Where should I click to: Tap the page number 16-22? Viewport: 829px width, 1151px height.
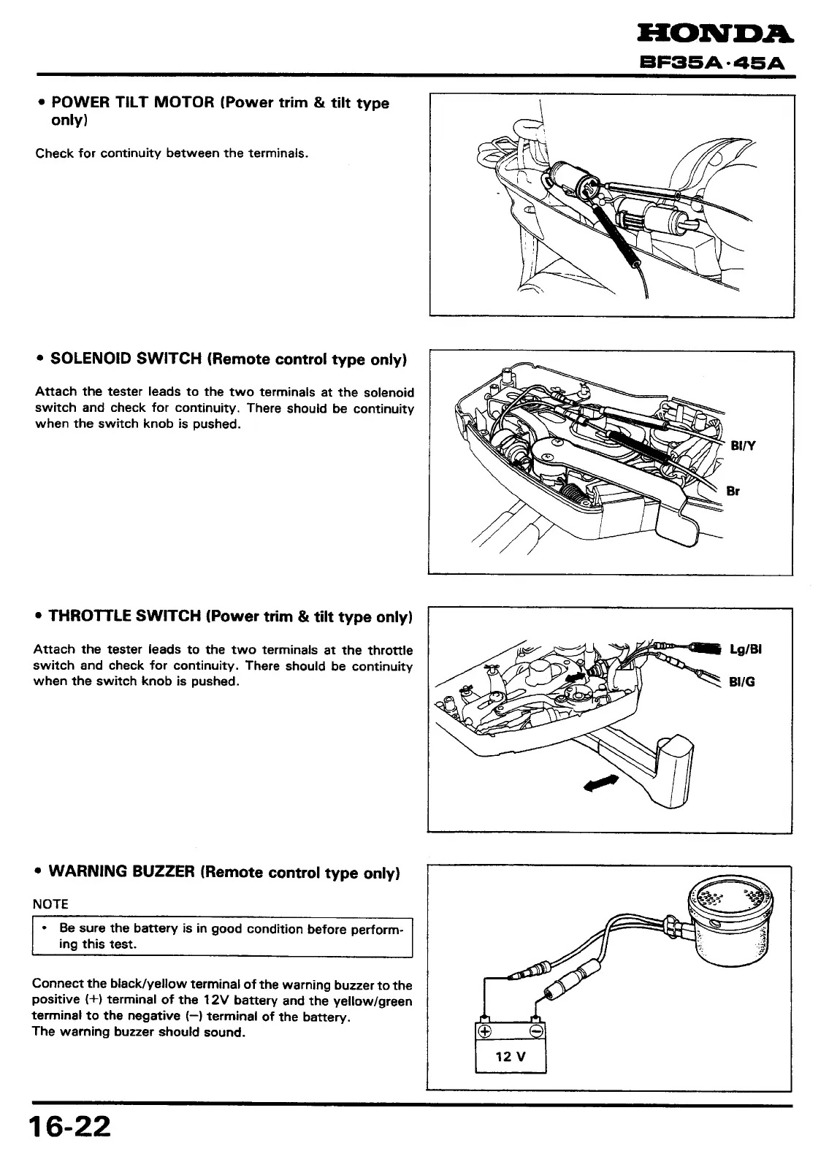click(x=70, y=1125)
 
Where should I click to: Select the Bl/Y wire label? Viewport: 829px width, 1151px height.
click(x=743, y=446)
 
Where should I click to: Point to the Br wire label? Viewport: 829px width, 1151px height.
click(x=733, y=491)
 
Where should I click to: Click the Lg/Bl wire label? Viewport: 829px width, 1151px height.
click(x=746, y=649)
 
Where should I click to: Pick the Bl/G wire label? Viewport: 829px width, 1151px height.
click(x=741, y=682)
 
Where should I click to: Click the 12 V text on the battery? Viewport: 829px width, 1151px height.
click(x=511, y=1057)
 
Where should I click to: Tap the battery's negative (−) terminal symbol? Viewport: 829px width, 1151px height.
click(x=535, y=1031)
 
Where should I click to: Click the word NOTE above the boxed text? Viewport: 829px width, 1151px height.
click(x=50, y=903)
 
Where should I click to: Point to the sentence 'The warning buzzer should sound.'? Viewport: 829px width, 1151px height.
click(x=139, y=1032)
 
